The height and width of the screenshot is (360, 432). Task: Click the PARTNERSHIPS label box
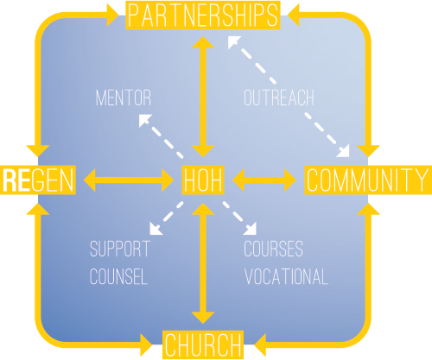coord(203,15)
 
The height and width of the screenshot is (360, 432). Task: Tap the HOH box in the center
coord(203,180)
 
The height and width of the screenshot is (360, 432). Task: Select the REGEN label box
coord(38,180)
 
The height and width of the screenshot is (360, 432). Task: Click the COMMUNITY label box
coord(368,180)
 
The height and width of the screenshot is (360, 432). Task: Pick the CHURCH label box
coord(203,344)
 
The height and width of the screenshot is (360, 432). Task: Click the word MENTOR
coord(124,98)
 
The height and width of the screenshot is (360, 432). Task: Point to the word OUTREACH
coord(279,98)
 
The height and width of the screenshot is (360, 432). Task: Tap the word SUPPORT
coord(120,249)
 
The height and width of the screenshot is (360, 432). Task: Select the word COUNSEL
coord(118,276)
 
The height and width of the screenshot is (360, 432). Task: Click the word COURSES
coord(273,249)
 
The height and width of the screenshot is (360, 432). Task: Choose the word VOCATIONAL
coord(286,276)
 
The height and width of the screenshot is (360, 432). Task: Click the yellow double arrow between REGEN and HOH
coord(129,180)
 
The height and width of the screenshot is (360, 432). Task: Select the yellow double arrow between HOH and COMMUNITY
coord(264,180)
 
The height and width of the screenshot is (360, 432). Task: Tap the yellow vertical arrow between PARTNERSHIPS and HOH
coord(203,97)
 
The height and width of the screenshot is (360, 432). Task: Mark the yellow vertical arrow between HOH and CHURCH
coord(203,263)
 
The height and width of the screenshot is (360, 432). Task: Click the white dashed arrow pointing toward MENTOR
coord(161,136)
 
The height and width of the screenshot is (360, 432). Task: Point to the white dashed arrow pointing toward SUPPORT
coord(167,218)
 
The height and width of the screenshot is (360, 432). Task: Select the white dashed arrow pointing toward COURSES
coord(239,218)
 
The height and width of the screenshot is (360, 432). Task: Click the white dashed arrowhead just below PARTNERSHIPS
coord(233,41)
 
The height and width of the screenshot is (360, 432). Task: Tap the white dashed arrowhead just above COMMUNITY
coord(344,152)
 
